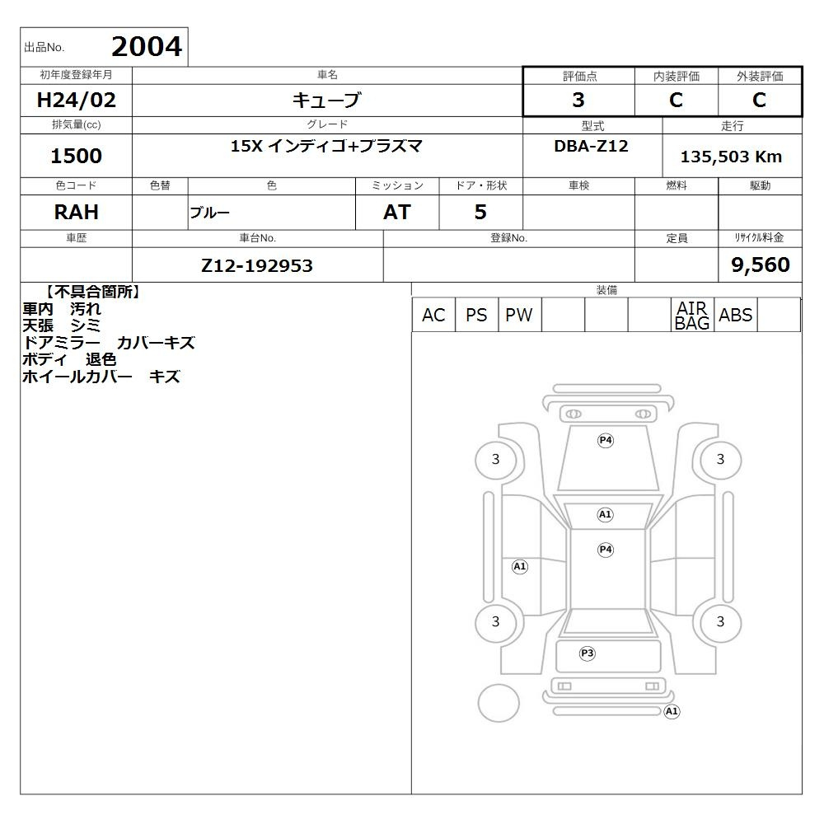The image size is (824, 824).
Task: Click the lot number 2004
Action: click(147, 47)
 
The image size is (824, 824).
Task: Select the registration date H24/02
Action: click(76, 100)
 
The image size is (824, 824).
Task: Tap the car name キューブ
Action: click(327, 100)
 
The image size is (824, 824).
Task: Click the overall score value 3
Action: click(578, 100)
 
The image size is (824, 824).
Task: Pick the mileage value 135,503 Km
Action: click(731, 157)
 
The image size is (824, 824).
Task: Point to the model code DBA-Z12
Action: click(591, 146)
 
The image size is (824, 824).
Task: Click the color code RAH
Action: click(76, 213)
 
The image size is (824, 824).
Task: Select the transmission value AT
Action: click(397, 213)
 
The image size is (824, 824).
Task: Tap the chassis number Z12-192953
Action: click(257, 266)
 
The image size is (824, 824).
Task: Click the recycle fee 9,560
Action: click(761, 265)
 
